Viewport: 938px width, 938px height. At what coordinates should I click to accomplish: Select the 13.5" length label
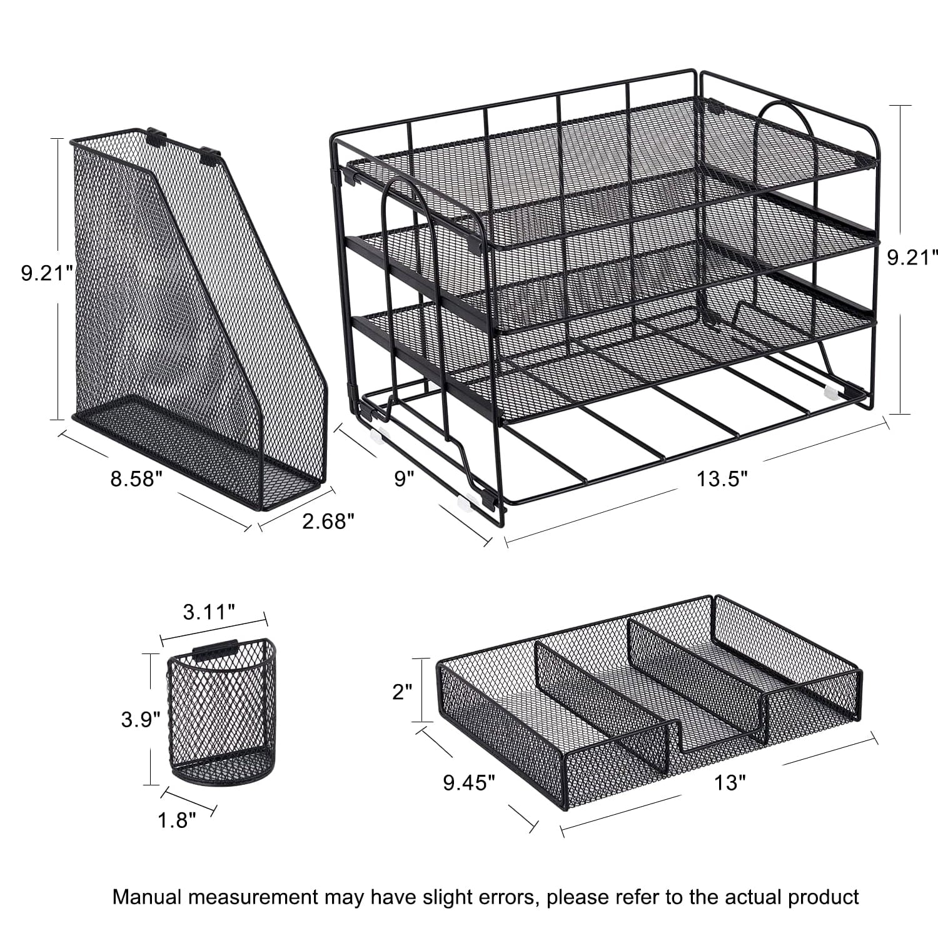[x=723, y=479]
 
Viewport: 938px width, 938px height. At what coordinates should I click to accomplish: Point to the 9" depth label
[x=404, y=479]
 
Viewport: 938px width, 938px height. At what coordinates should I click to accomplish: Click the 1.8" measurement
[x=177, y=820]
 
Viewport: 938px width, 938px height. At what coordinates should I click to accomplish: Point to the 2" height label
[x=403, y=691]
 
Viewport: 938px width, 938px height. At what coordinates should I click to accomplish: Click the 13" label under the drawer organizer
[x=727, y=782]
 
